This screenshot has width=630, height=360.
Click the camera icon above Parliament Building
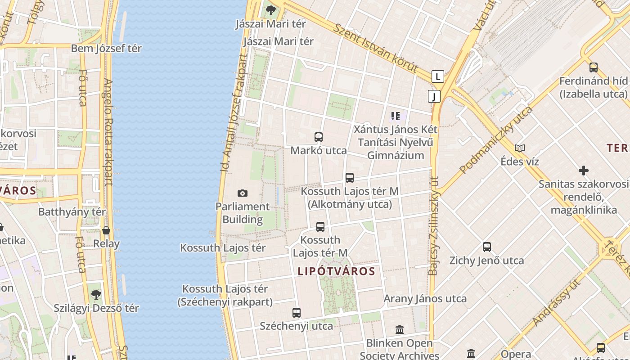(x=243, y=193)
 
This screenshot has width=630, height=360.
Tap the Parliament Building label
(x=243, y=213)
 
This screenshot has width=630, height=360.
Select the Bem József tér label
(x=106, y=49)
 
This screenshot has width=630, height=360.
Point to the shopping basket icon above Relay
(x=106, y=230)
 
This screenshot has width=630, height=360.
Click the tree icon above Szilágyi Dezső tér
(x=96, y=295)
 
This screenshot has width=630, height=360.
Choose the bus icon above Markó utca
(x=319, y=137)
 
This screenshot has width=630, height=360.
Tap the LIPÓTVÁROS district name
(x=336, y=271)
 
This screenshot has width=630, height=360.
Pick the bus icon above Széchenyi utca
(x=297, y=312)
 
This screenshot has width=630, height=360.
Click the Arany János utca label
(x=425, y=299)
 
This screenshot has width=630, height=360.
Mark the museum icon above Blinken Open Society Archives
(x=399, y=330)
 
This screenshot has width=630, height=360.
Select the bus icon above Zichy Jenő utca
(x=487, y=247)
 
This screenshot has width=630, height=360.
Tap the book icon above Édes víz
(x=520, y=148)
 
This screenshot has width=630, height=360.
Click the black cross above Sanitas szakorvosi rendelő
(x=584, y=171)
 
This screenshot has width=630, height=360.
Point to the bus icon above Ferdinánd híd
(x=594, y=67)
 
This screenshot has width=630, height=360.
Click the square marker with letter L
(x=437, y=76)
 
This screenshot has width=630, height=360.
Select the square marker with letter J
(x=434, y=96)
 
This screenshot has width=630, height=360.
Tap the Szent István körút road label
(x=376, y=47)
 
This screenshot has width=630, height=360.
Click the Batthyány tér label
(x=72, y=212)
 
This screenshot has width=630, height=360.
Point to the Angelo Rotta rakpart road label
(x=109, y=133)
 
